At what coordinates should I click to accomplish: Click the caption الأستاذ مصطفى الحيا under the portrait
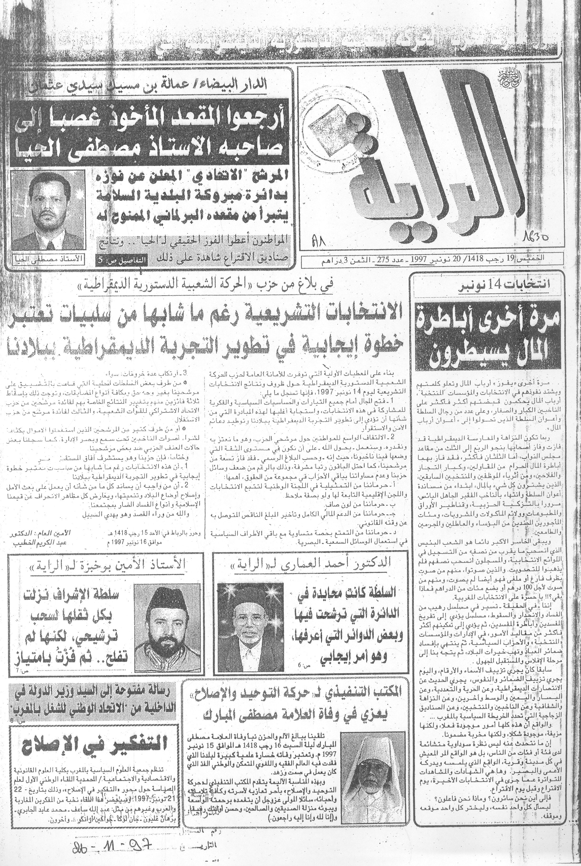coord(47,260)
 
